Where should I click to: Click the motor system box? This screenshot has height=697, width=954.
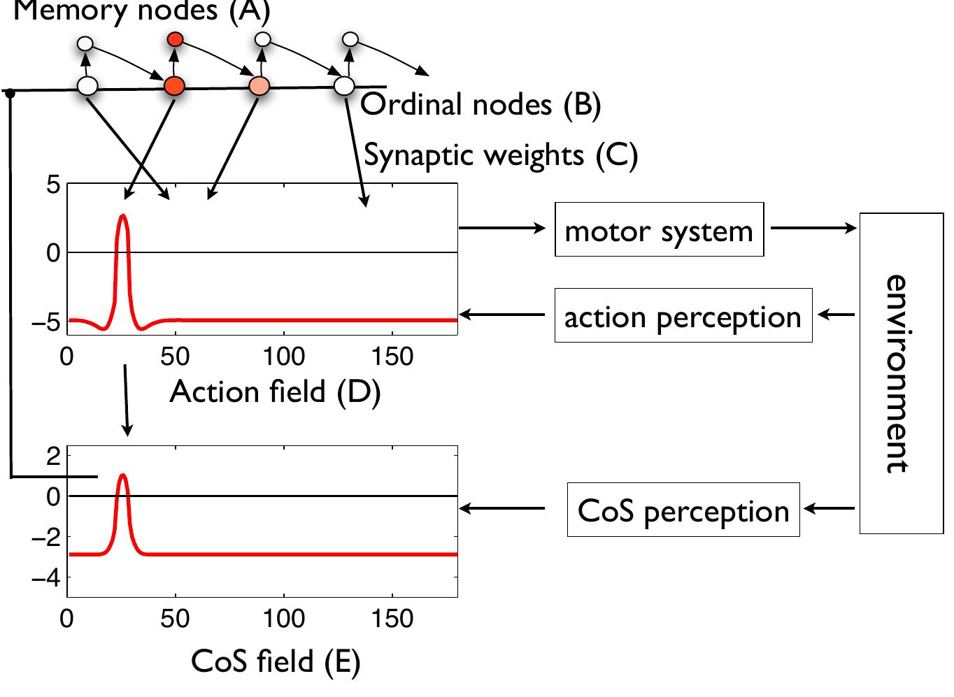pos(659,230)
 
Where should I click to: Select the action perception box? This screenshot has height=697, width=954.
pos(683,316)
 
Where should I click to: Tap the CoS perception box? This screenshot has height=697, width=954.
pos(683,510)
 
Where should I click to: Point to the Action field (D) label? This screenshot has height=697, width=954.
pos(275,391)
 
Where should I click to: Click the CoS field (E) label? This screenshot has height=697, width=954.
pos(275,661)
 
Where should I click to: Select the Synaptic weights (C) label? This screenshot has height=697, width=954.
pos(501,155)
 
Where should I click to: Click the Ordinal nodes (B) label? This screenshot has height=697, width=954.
pos(480,105)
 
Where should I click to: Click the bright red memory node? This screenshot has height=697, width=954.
pos(175,40)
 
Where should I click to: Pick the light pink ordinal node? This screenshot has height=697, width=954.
pos(259,86)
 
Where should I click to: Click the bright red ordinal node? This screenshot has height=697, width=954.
pos(174,86)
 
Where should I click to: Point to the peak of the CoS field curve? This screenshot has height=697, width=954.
pos(123,475)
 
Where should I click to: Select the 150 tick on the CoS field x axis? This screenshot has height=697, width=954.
pos(392,619)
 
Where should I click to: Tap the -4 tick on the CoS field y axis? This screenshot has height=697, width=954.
pos(48,578)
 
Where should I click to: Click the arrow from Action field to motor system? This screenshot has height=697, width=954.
pos(501,228)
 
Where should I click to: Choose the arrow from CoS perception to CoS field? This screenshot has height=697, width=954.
pos(501,509)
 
